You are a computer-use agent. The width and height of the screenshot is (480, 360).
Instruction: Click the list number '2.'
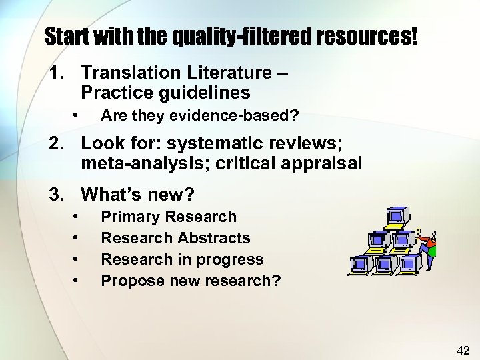59,142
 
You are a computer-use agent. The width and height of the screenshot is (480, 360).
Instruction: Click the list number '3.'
59,195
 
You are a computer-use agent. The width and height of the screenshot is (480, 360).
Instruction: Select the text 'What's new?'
137,195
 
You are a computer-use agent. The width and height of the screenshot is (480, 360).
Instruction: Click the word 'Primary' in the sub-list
130,217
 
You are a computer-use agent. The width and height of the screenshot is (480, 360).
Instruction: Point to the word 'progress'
232,259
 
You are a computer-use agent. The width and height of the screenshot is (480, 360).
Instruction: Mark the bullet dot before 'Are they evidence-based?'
77,115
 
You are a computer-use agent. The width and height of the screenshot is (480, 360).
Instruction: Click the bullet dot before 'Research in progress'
77,259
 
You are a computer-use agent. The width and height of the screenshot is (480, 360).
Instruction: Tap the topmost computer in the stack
396,219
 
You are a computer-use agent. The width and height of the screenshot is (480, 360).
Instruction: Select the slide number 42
463,349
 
